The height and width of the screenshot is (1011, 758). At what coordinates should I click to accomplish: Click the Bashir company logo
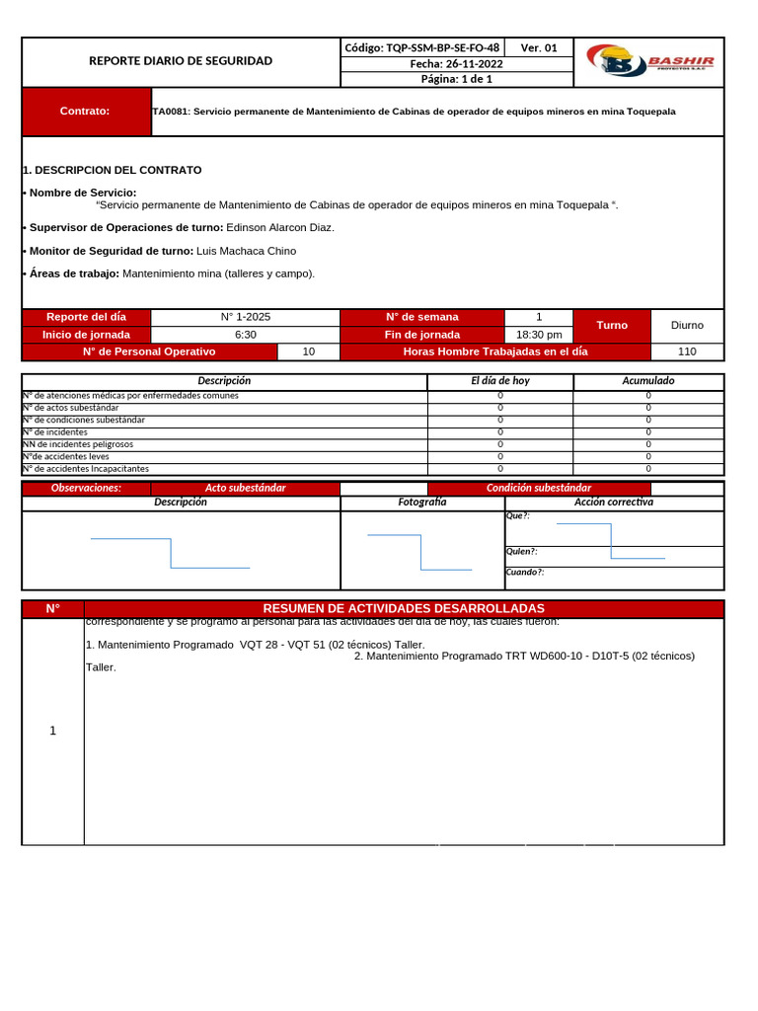[648, 62]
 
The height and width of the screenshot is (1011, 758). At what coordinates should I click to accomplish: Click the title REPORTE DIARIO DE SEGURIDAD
[181, 61]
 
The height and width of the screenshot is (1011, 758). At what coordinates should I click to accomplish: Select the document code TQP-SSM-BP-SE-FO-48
[421, 47]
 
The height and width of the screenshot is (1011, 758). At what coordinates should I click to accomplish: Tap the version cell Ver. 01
[539, 47]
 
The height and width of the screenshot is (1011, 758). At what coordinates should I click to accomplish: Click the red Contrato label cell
[85, 112]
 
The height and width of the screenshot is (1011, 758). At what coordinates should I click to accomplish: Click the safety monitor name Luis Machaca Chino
[247, 251]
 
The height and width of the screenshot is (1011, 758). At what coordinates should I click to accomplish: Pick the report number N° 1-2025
[246, 317]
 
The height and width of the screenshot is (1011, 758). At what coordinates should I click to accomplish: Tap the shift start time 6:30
[246, 335]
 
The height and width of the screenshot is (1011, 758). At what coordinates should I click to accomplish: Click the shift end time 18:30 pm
[539, 335]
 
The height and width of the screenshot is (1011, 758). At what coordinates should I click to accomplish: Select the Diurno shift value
[687, 325]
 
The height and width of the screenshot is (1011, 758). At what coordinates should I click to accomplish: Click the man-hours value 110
[687, 351]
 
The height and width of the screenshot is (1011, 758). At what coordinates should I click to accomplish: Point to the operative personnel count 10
[308, 351]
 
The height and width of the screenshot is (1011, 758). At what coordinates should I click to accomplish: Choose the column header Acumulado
[648, 381]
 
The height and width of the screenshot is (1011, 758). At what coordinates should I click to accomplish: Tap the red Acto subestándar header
[246, 488]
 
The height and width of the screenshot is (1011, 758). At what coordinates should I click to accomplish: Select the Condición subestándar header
[539, 488]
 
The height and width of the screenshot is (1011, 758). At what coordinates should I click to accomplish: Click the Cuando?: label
[525, 573]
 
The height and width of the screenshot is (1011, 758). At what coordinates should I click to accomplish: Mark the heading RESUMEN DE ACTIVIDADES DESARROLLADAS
[404, 608]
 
